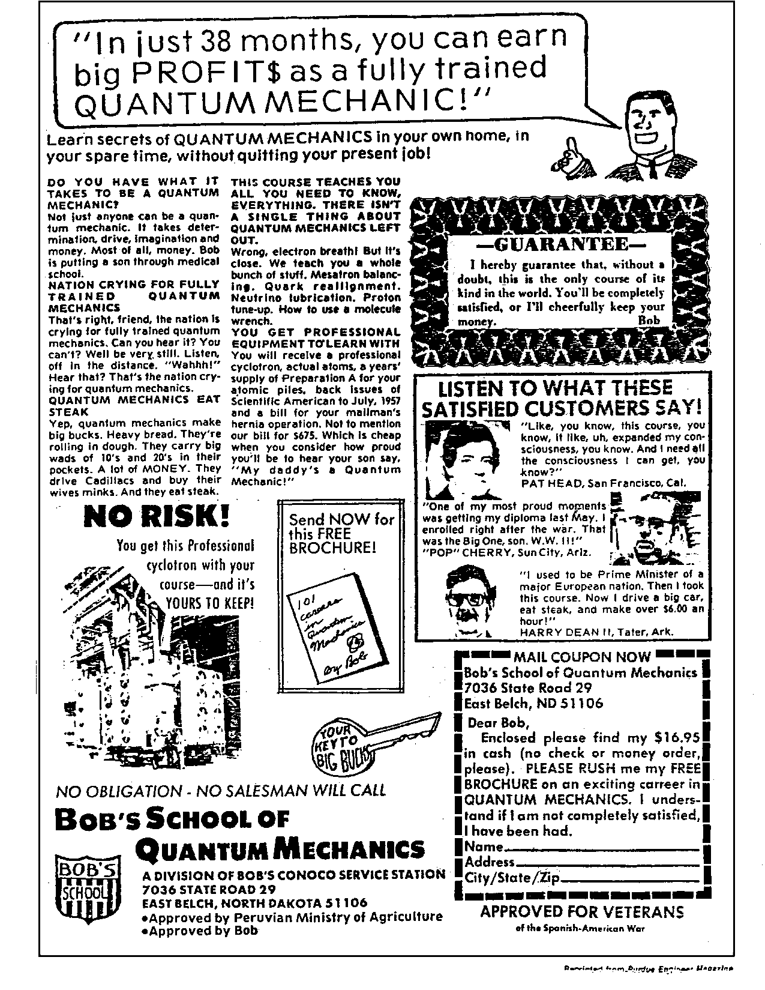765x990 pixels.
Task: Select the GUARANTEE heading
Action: pos(552,246)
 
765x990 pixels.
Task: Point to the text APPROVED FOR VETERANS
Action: pos(582,913)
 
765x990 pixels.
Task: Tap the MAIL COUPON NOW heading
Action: pos(581,657)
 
